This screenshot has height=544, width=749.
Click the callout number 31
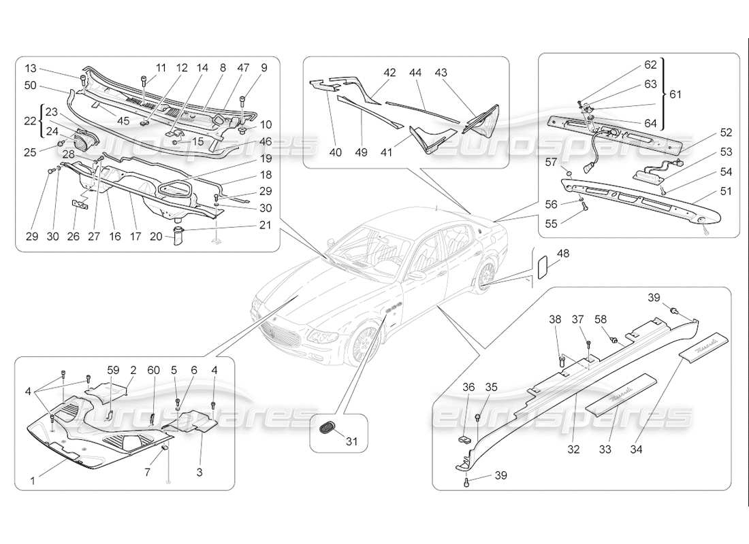point(352,442)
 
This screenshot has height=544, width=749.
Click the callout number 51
point(727,192)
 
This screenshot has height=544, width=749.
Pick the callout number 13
point(31,68)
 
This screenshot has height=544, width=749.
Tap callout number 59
point(113,370)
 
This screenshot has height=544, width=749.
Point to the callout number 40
point(335,152)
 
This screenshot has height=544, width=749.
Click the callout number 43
point(441,73)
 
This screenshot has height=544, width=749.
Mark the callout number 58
point(600,320)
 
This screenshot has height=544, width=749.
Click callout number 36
point(468,387)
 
